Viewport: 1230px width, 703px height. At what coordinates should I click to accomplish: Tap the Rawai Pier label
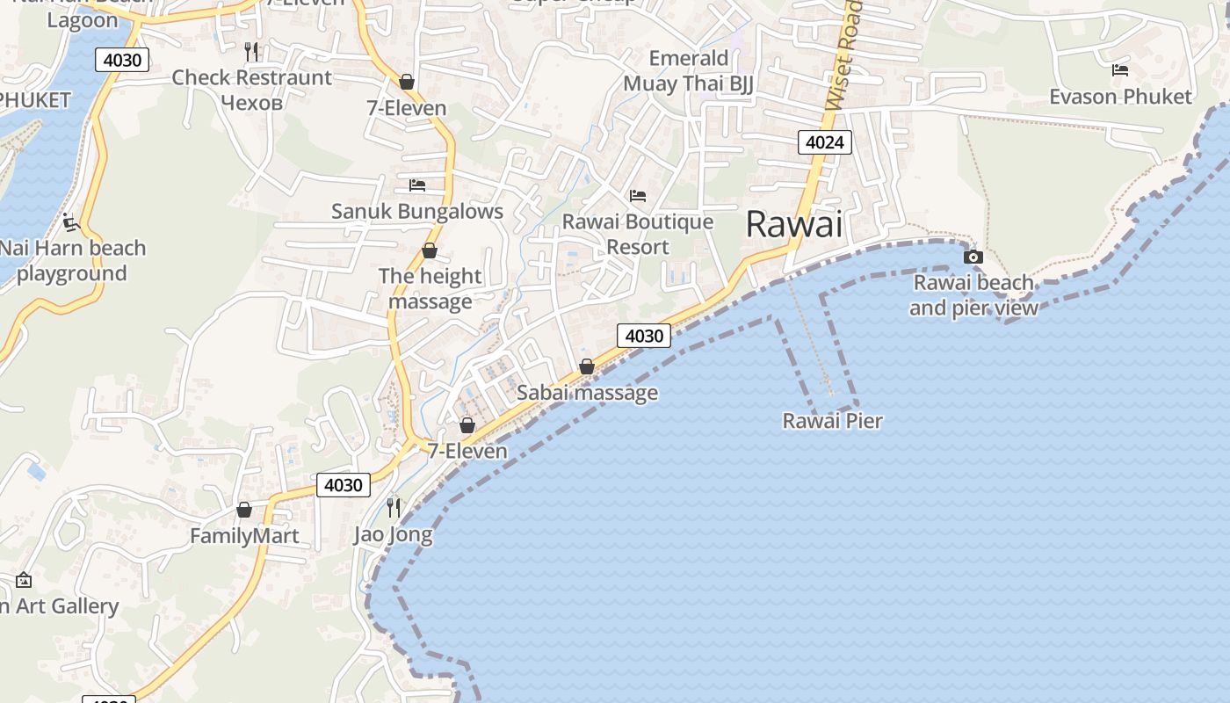tap(832, 421)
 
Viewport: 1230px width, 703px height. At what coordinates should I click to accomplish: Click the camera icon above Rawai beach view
tap(973, 257)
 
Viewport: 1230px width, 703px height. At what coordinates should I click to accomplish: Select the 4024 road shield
tap(825, 142)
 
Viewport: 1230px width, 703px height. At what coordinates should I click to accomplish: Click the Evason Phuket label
tap(1120, 97)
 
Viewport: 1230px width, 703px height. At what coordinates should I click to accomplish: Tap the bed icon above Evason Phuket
tap(1119, 69)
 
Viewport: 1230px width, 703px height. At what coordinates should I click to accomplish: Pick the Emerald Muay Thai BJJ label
tap(689, 71)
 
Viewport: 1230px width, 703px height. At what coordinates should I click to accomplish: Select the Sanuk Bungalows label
tap(417, 211)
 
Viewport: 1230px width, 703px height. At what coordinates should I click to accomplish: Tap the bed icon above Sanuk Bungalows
tap(417, 185)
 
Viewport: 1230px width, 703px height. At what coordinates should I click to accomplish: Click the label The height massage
tap(430, 288)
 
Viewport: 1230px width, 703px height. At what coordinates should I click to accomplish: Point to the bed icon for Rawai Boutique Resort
tap(638, 195)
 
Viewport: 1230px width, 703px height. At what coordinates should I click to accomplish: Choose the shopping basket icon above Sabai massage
tap(587, 366)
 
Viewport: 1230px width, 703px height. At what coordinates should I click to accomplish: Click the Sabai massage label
tap(587, 393)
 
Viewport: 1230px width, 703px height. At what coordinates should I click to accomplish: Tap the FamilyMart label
tap(244, 535)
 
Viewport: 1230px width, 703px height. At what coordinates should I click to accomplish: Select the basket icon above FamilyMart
tap(244, 510)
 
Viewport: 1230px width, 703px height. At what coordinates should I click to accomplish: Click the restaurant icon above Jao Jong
tap(394, 507)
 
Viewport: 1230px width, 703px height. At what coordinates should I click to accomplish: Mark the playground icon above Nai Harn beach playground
tap(71, 222)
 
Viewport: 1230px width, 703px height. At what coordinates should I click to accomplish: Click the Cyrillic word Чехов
tap(251, 102)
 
